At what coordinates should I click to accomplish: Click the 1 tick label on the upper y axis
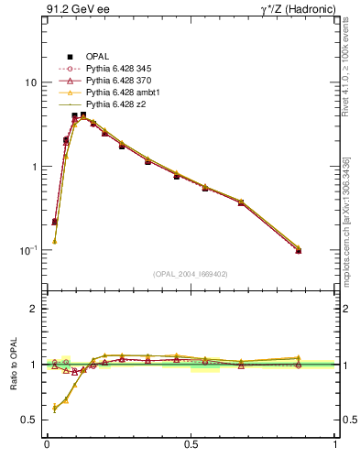tap(34, 167)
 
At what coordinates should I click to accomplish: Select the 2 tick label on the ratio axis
tap(34, 309)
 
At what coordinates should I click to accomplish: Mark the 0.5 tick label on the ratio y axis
tap(30, 420)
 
